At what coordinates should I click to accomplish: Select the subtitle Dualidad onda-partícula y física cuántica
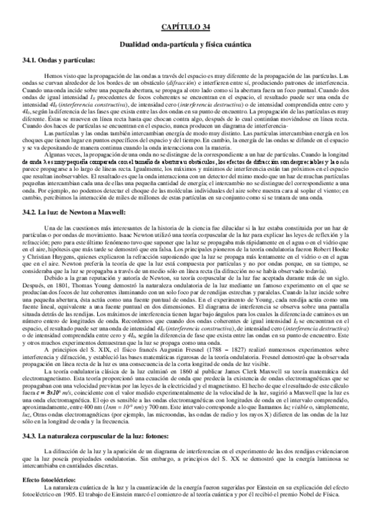[x=185, y=45]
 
